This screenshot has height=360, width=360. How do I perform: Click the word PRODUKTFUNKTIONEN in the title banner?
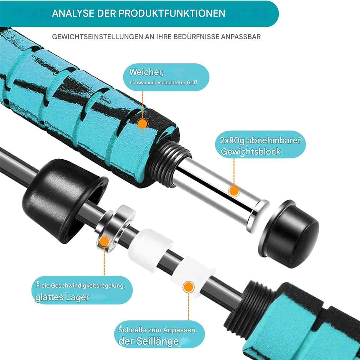(172, 13)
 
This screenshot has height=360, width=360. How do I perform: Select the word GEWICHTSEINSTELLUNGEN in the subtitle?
(97, 37)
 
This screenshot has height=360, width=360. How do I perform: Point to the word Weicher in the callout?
(147, 72)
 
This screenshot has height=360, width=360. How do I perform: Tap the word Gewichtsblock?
(251, 151)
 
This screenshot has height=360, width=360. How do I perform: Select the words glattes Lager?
(62, 297)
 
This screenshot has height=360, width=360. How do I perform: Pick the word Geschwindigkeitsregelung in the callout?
(88, 286)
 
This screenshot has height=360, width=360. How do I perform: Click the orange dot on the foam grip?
(142, 124)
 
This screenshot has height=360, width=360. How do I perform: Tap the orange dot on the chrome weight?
(234, 191)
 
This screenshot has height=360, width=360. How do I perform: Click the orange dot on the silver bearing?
(104, 242)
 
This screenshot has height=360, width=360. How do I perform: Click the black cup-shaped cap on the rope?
(64, 199)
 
